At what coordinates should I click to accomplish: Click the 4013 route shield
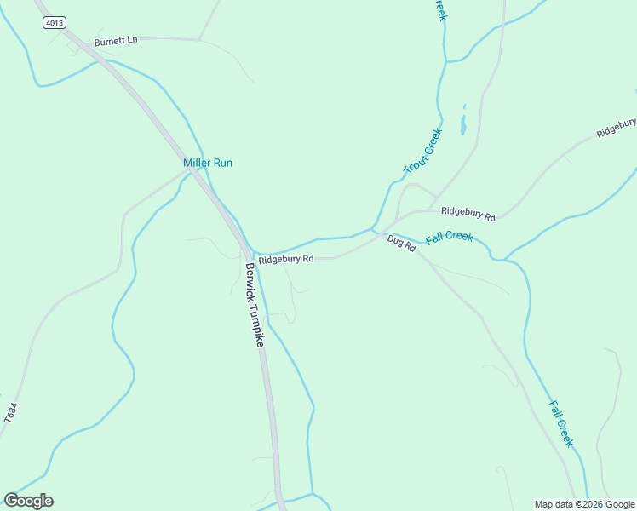point(54,24)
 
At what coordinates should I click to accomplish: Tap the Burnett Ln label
point(116,41)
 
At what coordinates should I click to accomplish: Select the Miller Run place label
point(208,163)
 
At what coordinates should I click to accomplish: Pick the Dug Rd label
point(400,243)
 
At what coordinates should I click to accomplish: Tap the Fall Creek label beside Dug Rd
point(449,236)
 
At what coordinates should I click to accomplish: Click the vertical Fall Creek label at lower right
point(561,424)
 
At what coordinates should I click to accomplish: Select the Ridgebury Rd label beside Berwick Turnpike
point(286,258)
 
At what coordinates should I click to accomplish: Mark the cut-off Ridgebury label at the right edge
point(617,129)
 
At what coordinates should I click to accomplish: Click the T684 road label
point(10,415)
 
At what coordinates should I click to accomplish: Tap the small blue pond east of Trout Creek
point(463,122)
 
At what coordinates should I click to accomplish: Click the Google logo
point(28,501)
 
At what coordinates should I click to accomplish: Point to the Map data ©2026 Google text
point(584,504)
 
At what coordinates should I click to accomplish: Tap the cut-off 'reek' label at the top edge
point(439,10)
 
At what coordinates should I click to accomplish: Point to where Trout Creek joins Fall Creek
point(373,228)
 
